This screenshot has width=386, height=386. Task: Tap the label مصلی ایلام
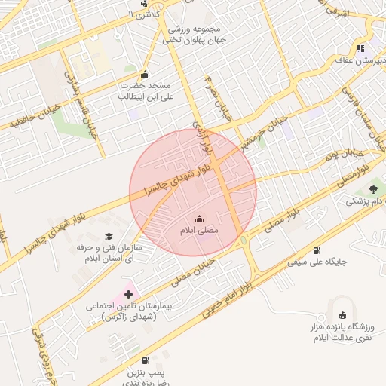[199, 230]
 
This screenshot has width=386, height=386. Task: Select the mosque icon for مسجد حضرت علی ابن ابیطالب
[145, 75]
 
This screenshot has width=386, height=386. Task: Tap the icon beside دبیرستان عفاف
[360, 48]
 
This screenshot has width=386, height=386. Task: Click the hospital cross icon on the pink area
[127, 293]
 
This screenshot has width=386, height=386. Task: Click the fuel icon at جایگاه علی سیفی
[316, 251]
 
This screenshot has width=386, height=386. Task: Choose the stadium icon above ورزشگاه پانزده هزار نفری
[343, 314]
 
